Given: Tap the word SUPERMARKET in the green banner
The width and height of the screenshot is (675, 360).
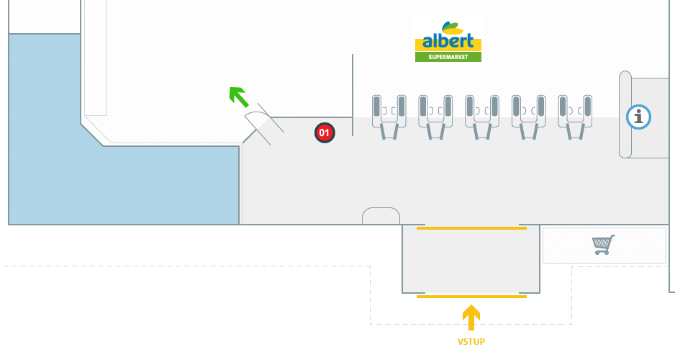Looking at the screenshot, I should pyautogui.click(x=448, y=57).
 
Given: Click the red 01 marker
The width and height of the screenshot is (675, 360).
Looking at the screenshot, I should pyautogui.click(x=324, y=132).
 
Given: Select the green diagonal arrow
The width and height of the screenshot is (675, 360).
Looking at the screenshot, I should pyautogui.click(x=237, y=95).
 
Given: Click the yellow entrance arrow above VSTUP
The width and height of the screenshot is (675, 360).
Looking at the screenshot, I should pyautogui.click(x=471, y=317).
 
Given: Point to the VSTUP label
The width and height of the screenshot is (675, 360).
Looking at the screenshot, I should pyautogui.click(x=471, y=341).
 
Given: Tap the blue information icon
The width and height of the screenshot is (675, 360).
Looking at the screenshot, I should pyautogui.click(x=638, y=117).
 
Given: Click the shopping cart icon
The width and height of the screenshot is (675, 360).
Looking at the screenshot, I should pyautogui.click(x=603, y=245).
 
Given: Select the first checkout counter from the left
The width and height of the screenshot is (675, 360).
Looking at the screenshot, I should pyautogui.click(x=389, y=115).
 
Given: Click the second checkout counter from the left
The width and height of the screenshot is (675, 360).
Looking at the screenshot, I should pyautogui.click(x=435, y=115).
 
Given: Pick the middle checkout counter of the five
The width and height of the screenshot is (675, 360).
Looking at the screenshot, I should pyautogui.click(x=482, y=115).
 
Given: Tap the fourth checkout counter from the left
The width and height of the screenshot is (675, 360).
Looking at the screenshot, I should pyautogui.click(x=529, y=115).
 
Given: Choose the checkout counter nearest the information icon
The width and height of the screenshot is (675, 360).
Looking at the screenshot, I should pyautogui.click(x=575, y=115).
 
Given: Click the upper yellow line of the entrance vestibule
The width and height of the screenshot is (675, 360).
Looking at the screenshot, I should pyautogui.click(x=471, y=228).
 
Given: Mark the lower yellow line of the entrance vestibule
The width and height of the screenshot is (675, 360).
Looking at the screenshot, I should pyautogui.click(x=471, y=296).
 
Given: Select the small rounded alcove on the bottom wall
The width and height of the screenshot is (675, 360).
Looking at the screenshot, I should pyautogui.click(x=381, y=216).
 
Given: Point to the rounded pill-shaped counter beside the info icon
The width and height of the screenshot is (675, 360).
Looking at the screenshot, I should pyautogui.click(x=625, y=115).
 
